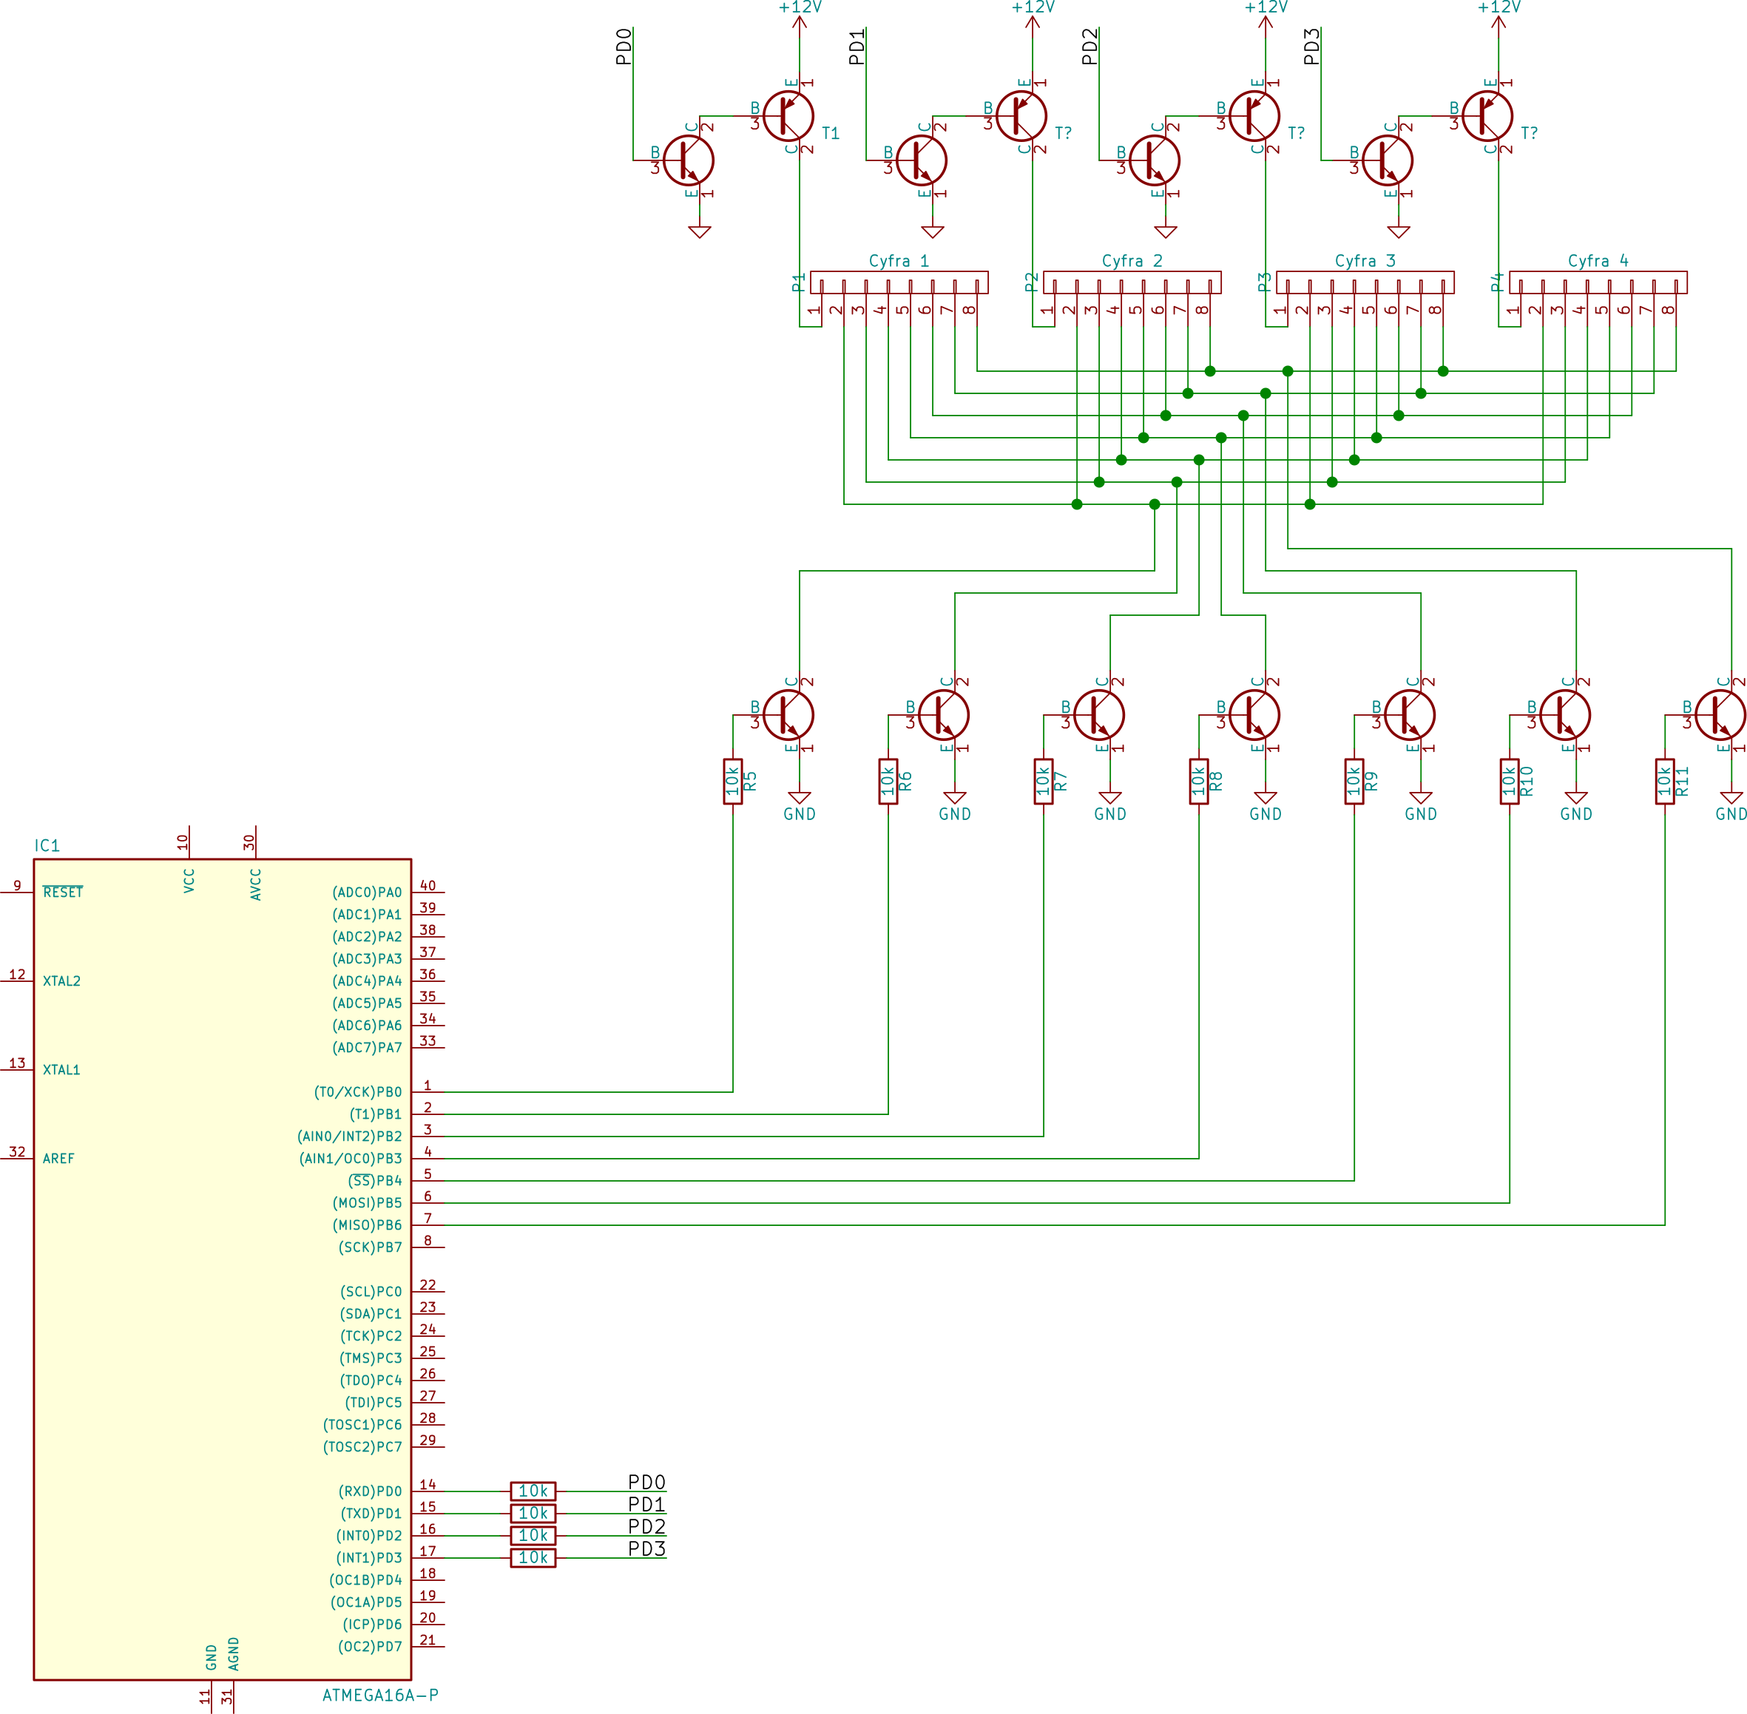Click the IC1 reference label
click(x=47, y=845)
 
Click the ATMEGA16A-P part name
click(x=380, y=1695)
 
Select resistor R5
click(x=733, y=782)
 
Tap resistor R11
click(x=1665, y=782)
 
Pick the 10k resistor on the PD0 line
click(x=533, y=1491)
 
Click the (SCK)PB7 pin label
click(x=370, y=1247)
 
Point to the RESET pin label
click(x=63, y=892)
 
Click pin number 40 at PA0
click(x=428, y=886)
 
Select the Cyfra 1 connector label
click(x=899, y=261)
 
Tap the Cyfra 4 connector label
click(x=1598, y=261)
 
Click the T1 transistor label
click(x=831, y=133)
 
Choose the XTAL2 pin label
click(x=61, y=981)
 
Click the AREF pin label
click(x=58, y=1159)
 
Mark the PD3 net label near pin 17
click(x=646, y=1549)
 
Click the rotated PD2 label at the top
click(x=1090, y=47)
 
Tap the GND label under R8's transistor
click(x=1266, y=814)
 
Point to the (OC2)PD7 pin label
click(x=370, y=1647)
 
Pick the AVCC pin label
click(x=256, y=884)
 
